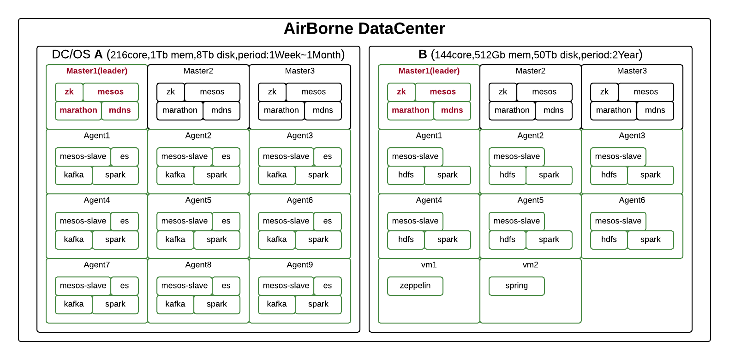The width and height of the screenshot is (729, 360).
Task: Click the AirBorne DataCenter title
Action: tap(364, 28)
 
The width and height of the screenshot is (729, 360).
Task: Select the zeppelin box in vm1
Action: tap(415, 286)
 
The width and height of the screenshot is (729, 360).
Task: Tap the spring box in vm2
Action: tap(516, 286)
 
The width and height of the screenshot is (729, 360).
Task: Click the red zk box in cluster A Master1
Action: tap(69, 92)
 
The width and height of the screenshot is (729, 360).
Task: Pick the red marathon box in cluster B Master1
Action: tap(410, 110)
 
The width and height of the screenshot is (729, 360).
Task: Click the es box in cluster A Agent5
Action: tap(226, 221)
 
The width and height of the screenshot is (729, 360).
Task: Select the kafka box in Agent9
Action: tap(277, 304)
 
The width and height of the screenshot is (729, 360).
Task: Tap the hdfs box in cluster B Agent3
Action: tap(609, 175)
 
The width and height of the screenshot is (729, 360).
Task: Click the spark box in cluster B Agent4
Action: tap(448, 240)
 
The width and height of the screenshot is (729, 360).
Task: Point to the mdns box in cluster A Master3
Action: tap(323, 110)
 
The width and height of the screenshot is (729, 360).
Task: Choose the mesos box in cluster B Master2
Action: tap(544, 92)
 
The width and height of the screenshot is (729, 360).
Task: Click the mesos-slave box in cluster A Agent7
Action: tap(83, 286)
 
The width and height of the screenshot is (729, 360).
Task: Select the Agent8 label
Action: tap(198, 265)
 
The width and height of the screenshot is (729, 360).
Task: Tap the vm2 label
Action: tap(530, 265)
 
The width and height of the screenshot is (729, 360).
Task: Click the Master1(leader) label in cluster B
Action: tap(429, 71)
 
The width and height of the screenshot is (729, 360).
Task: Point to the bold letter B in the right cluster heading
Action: tap(423, 54)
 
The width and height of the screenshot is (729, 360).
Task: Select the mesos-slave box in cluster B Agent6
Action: tap(618, 221)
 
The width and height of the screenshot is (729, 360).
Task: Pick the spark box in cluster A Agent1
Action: tap(115, 175)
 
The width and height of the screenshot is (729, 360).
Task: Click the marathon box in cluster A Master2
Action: tap(179, 110)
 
